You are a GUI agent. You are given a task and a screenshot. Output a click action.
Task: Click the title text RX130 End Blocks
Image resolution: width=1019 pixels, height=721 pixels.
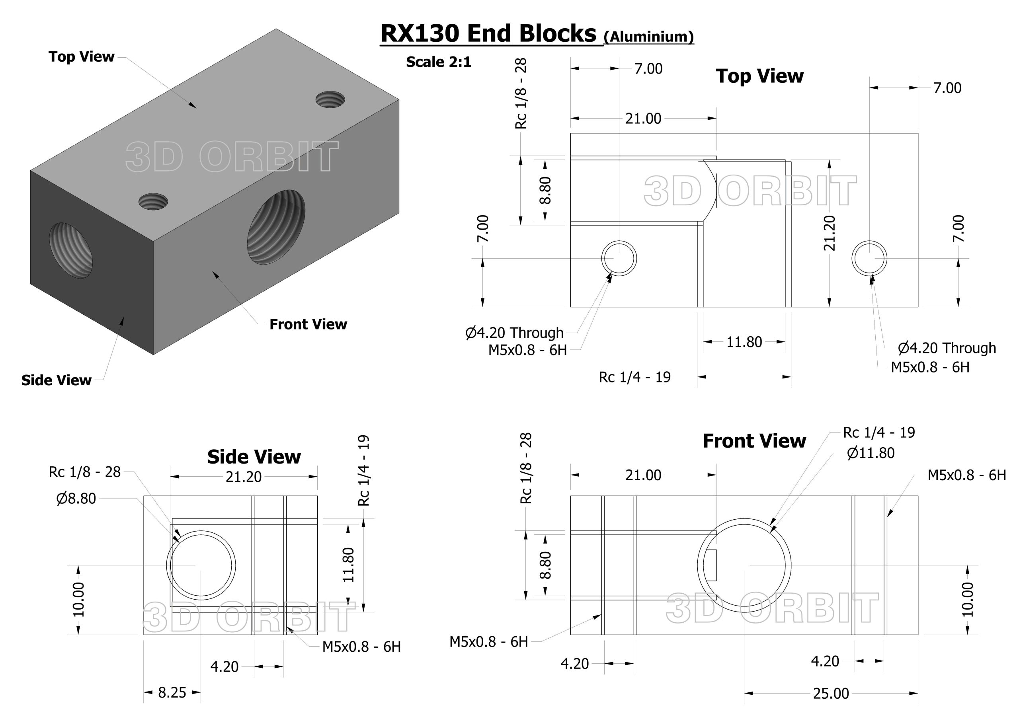tap(488, 34)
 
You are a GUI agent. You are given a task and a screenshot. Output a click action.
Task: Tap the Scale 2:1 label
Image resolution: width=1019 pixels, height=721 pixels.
tap(438, 62)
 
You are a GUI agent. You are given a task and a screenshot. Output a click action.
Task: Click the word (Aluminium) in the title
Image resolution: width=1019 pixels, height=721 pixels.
tap(649, 36)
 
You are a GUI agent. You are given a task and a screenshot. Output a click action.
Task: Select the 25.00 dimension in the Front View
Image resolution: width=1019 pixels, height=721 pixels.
tap(831, 693)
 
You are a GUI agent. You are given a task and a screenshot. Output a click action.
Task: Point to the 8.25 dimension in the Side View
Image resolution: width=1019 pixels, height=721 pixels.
tap(172, 692)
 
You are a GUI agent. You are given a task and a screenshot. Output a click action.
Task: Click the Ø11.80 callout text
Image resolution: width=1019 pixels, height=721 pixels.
tap(871, 453)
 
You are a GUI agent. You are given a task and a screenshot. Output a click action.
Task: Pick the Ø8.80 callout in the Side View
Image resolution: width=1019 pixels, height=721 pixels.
tap(76, 499)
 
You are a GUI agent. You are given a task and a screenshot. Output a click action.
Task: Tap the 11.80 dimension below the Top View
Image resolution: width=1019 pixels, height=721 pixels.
tap(744, 342)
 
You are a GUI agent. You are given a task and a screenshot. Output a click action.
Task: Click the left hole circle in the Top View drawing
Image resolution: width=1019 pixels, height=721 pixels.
tap(619, 258)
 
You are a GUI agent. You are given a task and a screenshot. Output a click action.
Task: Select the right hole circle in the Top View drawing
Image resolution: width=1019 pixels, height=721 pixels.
tap(869, 258)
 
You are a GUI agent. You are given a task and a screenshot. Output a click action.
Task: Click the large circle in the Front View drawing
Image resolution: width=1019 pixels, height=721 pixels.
tap(744, 565)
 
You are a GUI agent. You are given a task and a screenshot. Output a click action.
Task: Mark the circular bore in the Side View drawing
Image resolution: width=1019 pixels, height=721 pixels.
tap(201, 565)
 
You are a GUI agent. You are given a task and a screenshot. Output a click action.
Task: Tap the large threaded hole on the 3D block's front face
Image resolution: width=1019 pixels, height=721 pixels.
tap(276, 227)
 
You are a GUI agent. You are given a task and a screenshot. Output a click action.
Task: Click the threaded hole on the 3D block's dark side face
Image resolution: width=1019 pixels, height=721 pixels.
tap(71, 250)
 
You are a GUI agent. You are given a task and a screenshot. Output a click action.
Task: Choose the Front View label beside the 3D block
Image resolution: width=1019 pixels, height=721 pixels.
tap(308, 325)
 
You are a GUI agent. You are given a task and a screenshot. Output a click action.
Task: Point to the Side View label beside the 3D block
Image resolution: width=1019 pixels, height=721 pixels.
tap(57, 380)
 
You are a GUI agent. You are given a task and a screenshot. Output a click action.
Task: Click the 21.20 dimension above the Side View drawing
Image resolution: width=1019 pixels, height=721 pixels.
tap(243, 477)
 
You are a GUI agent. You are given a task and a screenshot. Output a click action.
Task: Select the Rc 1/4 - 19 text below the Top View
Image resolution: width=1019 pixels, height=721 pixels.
tap(634, 377)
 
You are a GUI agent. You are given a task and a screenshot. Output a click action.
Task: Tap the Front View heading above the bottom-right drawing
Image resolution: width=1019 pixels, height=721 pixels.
tap(754, 441)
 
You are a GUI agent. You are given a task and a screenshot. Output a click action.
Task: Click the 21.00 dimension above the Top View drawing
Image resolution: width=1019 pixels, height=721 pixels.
tap(643, 119)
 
